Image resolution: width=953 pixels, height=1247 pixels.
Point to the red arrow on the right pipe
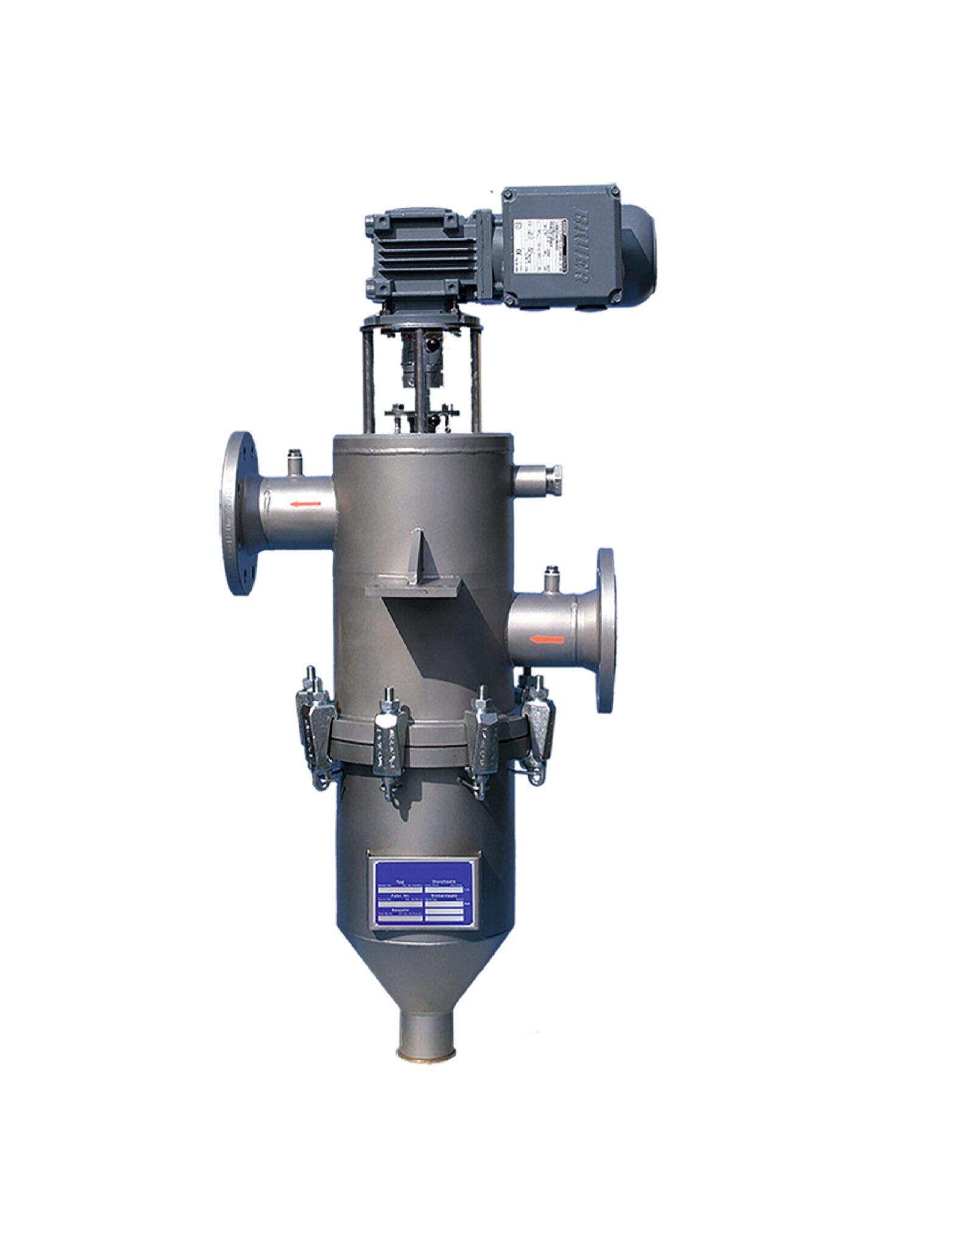tap(547, 639)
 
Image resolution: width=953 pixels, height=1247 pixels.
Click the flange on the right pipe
tap(605, 630)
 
